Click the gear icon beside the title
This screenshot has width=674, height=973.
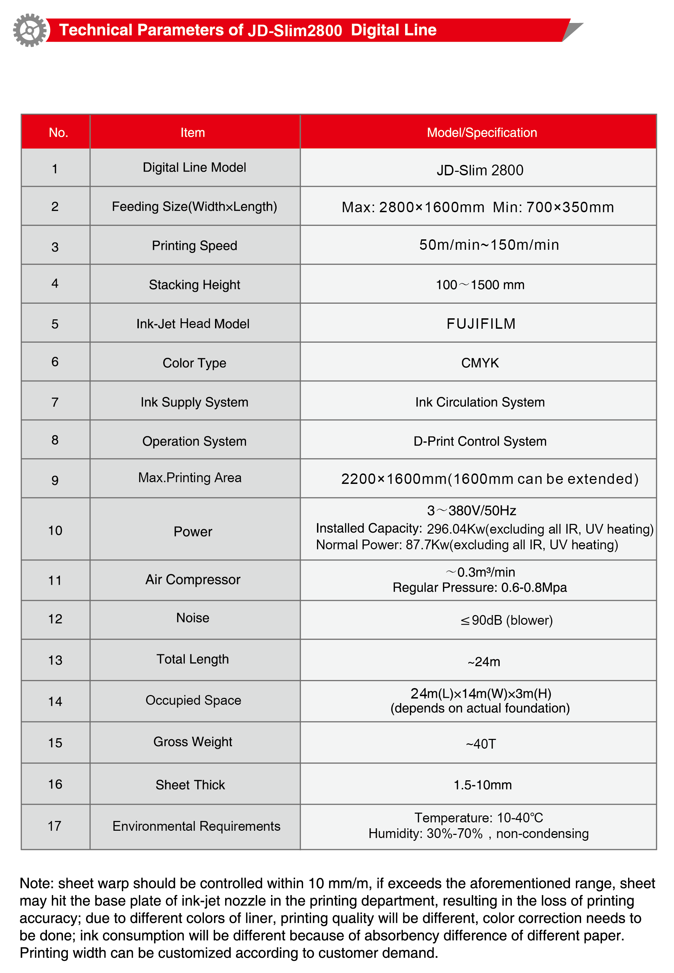tap(30, 30)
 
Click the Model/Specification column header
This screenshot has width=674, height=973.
tap(482, 133)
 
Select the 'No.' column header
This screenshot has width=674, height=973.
tap(58, 133)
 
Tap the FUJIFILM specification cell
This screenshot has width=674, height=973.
tap(481, 324)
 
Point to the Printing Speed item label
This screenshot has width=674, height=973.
tap(194, 246)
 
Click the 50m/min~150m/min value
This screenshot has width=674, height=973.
tap(489, 245)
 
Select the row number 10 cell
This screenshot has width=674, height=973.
tap(55, 531)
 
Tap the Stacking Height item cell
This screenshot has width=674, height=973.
tap(194, 285)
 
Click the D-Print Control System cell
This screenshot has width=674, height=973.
tap(480, 441)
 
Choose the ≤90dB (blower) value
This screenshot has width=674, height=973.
tap(506, 620)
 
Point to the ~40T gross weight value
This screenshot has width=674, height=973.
tap(481, 744)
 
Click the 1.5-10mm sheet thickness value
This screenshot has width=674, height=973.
tap(482, 785)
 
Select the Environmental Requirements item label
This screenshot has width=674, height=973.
tap(196, 826)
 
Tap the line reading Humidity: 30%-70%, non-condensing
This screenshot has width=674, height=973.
tap(478, 834)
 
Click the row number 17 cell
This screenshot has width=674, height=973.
tap(55, 826)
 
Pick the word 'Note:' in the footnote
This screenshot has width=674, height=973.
tap(37, 883)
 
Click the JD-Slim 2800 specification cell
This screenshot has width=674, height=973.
tap(480, 170)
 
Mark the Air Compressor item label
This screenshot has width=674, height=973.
tap(192, 580)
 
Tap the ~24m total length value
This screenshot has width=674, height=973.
tap(484, 661)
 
